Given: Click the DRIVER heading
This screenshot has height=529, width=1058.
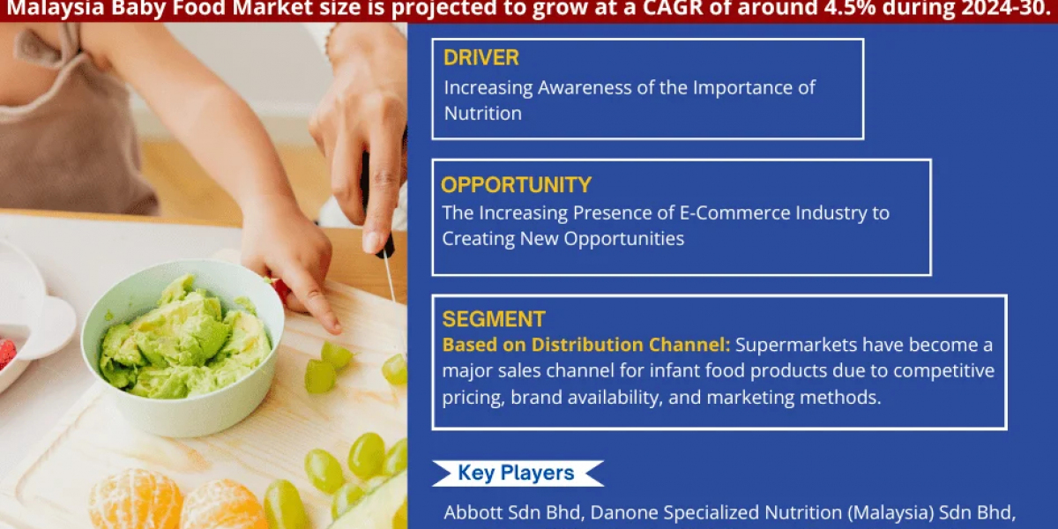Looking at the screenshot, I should [x=481, y=58].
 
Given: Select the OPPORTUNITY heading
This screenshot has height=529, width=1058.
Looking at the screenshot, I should [x=516, y=185].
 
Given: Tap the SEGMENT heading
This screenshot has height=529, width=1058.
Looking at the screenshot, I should [x=494, y=319].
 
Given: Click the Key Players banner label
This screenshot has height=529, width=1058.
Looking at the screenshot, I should [x=516, y=473].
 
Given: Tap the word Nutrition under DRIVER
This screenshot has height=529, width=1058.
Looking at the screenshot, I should [x=482, y=113].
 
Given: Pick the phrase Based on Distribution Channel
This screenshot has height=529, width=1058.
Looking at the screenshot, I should [x=586, y=344].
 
